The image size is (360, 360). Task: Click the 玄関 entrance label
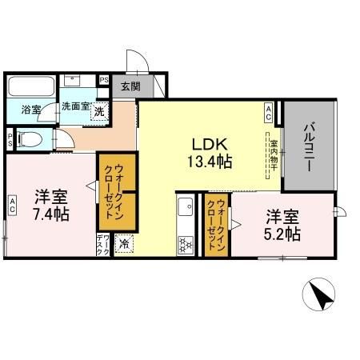coord(130,86)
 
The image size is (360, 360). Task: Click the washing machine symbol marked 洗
coord(98,112)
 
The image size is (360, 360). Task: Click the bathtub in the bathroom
coord(31,85)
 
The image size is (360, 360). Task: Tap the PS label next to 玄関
coord(104,79)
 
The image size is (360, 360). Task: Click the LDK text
coord(210,145)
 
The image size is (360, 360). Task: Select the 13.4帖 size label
coord(211,162)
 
